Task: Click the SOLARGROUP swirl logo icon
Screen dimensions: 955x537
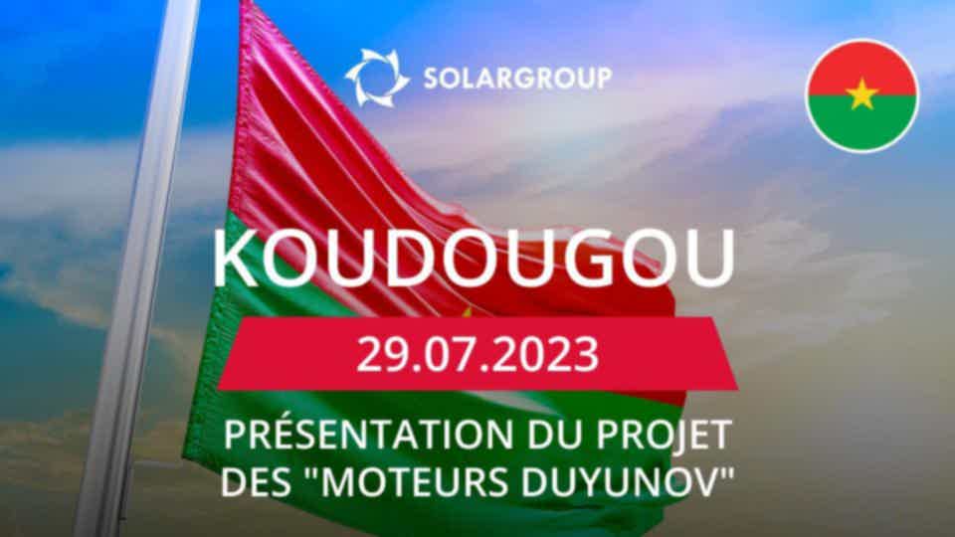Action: [x=377, y=78]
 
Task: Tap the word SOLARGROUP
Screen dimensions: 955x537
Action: [x=517, y=79]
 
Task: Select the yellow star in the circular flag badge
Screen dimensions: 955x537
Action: [x=861, y=94]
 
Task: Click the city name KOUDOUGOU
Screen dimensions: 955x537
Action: [x=474, y=258]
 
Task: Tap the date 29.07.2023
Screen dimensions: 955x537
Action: [x=477, y=354]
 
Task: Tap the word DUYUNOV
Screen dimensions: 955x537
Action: [x=620, y=482]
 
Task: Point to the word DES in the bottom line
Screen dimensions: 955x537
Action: [x=255, y=482]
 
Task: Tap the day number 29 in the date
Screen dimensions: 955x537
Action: [x=378, y=354]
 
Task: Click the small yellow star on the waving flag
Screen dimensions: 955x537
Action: [x=468, y=312]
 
